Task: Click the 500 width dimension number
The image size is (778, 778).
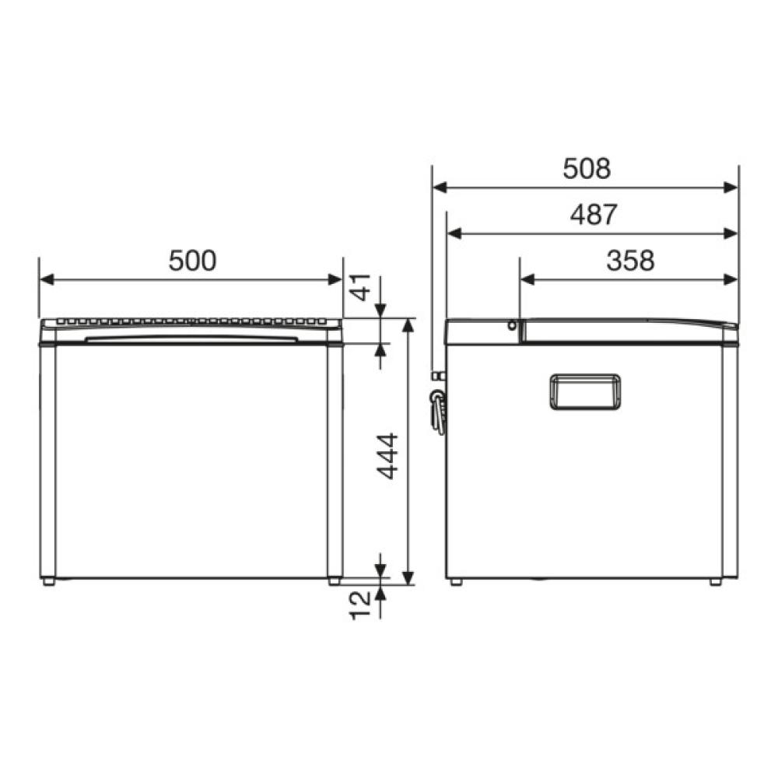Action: point(192,261)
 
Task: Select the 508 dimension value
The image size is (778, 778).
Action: point(587,169)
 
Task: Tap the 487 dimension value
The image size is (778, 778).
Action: point(593,215)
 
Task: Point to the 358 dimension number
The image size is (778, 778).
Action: point(630,261)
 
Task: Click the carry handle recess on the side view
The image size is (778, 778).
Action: point(585,392)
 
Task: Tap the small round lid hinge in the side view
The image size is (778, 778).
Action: point(512,326)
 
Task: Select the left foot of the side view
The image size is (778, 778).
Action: point(456,582)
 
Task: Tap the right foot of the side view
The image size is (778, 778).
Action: point(715,582)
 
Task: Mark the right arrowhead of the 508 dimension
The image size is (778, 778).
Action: point(731,187)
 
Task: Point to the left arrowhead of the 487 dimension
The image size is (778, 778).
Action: point(453,233)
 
